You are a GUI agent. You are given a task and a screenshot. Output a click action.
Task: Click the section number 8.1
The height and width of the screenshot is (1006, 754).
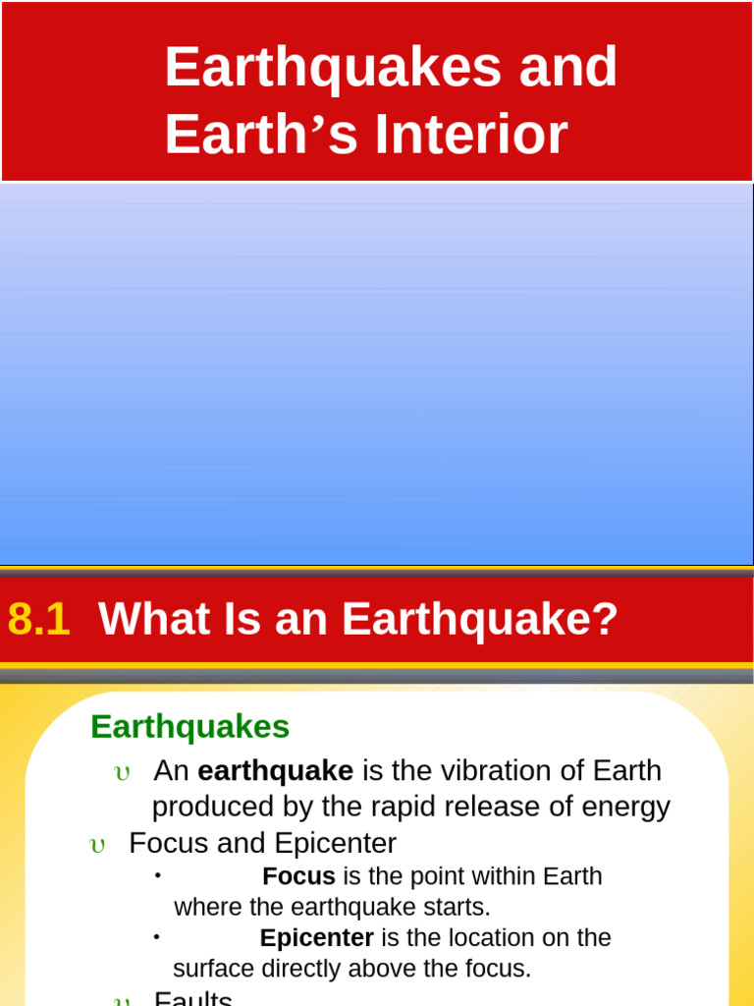[39, 619]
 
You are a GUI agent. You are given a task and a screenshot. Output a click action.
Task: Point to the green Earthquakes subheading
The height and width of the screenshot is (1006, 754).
[189, 727]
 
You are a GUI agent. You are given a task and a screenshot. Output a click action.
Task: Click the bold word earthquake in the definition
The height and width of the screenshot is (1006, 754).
[276, 771]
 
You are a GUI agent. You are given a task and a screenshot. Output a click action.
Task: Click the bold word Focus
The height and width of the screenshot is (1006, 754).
[298, 876]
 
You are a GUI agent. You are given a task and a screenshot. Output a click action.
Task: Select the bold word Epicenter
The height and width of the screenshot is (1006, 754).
[316, 938]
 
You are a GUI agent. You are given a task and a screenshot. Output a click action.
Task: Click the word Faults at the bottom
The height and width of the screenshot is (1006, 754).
[193, 998]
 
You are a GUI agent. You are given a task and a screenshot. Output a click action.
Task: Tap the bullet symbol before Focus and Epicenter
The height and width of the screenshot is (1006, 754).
[97, 846]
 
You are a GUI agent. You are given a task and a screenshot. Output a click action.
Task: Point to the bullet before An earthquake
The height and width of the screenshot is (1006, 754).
[122, 773]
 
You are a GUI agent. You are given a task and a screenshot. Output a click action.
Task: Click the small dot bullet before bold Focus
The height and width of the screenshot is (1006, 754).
[157, 874]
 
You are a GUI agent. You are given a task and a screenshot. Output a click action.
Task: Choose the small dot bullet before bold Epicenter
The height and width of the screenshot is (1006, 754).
[156, 936]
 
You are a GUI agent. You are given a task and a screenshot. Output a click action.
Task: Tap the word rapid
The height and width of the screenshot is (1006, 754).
[392, 808]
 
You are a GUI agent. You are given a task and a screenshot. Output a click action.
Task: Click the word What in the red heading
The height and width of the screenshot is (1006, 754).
[141, 619]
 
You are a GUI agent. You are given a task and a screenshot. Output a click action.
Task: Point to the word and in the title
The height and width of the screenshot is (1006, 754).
[568, 69]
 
